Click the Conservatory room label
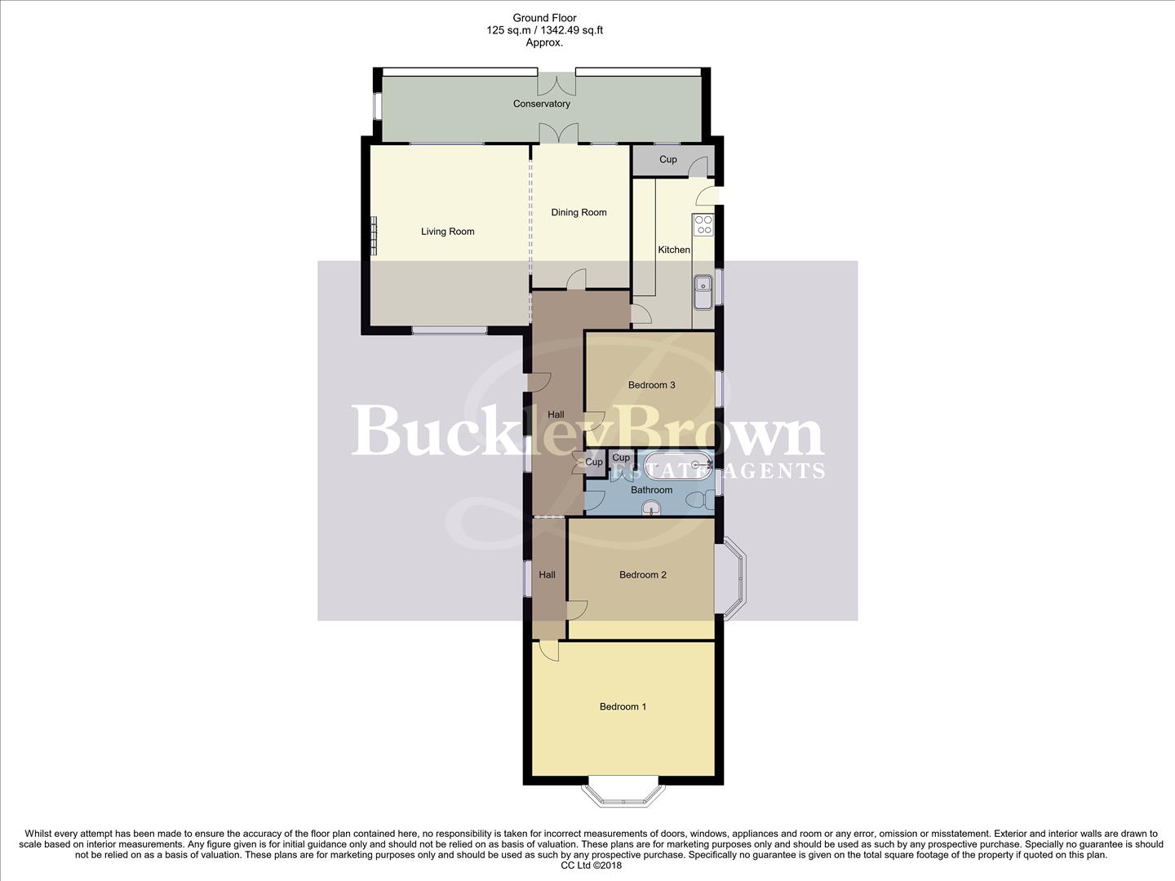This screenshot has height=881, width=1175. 541,104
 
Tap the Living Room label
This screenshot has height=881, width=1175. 447,232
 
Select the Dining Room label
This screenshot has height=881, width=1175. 579,213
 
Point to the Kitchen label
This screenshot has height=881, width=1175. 674,250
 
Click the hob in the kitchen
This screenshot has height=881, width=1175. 703,224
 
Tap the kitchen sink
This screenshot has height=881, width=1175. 703,291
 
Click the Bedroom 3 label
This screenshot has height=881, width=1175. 651,385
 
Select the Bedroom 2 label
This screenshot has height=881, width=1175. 642,575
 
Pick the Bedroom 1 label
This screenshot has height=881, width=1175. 623,706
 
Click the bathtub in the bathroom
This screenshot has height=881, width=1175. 676,467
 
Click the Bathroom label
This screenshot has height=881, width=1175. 651,490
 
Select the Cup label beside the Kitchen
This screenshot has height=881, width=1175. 667,160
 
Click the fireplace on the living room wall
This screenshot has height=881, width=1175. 375,236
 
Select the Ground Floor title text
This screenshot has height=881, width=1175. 544,18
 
